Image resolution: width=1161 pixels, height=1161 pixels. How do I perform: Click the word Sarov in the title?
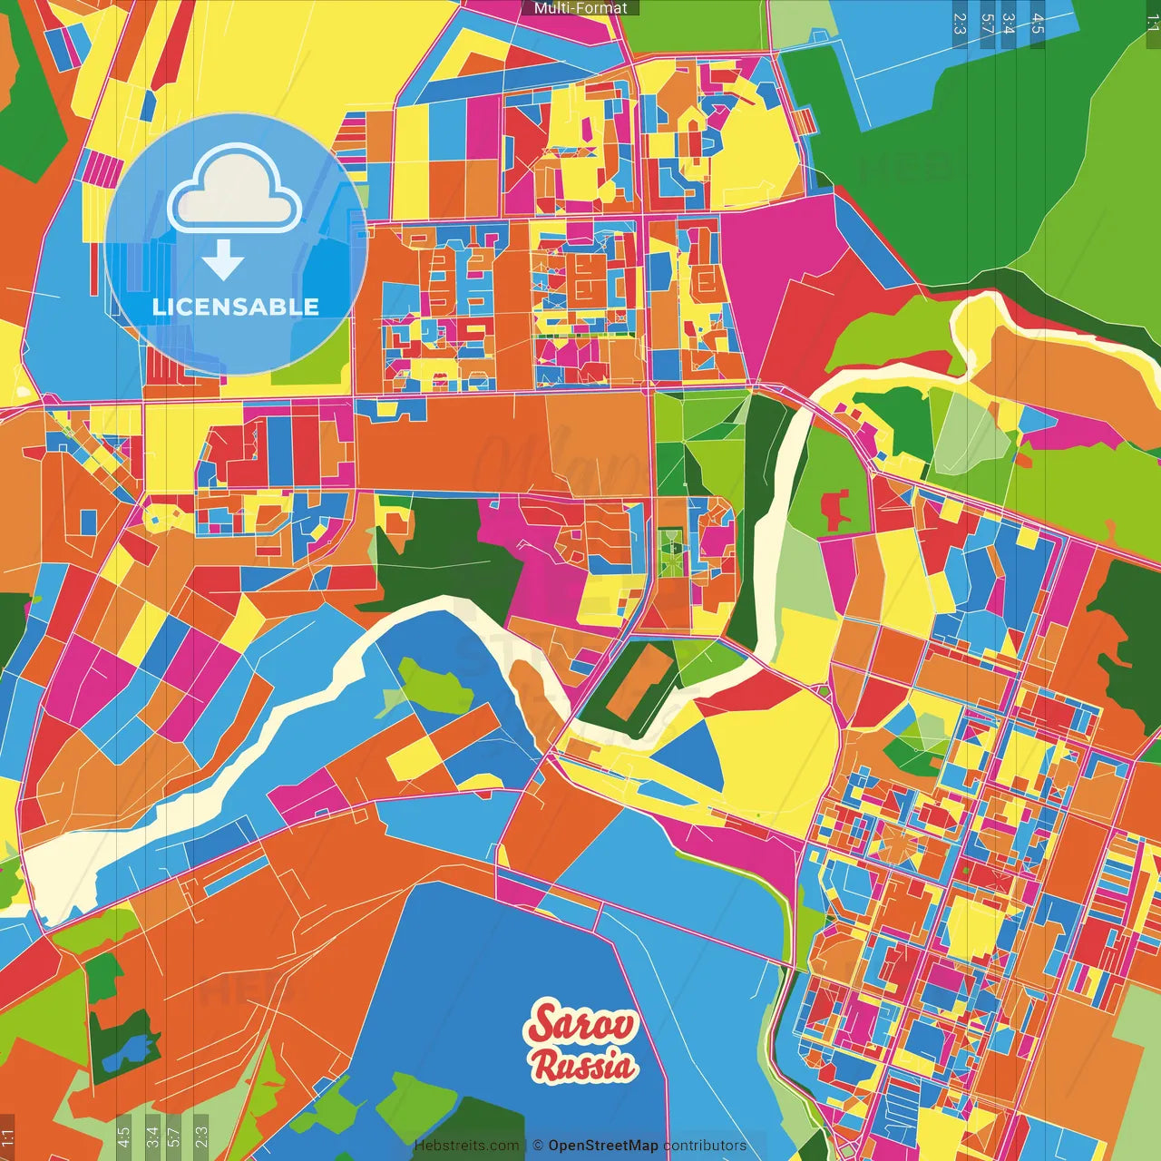coord(583,1023)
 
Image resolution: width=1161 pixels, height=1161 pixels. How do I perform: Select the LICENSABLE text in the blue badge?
coord(235,307)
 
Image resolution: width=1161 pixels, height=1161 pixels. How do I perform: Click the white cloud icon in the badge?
coord(235,193)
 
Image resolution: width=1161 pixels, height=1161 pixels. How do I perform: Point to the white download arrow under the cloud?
coord(223,260)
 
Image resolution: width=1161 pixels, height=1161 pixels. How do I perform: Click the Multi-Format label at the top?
coord(580,7)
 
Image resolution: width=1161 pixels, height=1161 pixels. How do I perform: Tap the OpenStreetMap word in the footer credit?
coord(602,1146)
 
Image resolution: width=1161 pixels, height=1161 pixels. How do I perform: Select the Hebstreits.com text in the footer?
coord(466,1146)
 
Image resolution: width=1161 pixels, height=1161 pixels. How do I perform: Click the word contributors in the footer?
coord(705,1146)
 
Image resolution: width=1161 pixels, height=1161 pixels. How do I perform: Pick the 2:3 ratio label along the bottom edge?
coord(201,1136)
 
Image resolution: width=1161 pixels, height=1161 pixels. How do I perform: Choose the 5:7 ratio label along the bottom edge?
coord(175,1136)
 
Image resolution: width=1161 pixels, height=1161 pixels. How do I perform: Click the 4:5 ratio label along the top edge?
coord(1038,24)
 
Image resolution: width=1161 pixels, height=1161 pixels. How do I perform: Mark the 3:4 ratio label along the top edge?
coord(1009,24)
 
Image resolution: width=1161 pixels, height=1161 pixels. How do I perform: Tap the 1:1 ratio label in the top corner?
coord(1152,24)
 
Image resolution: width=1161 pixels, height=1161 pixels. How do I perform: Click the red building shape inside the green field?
coord(834,508)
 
